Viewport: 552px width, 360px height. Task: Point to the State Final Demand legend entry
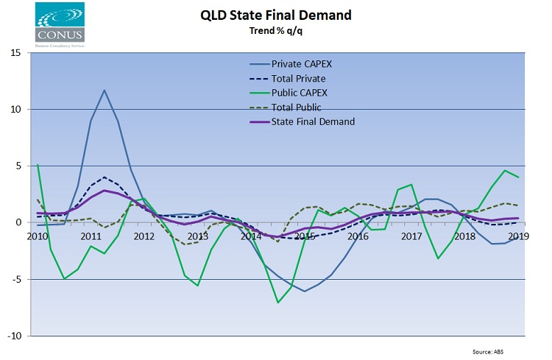[x=312, y=121]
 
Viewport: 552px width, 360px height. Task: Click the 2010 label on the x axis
[x=37, y=236]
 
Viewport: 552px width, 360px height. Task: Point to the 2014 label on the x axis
[x=251, y=236]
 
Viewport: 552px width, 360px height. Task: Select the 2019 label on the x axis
[x=517, y=236]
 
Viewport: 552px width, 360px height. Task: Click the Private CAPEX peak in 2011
[x=104, y=90]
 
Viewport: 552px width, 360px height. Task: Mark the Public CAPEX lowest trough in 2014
[x=278, y=303]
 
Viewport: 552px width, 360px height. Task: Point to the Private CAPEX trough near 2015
[x=304, y=291]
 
